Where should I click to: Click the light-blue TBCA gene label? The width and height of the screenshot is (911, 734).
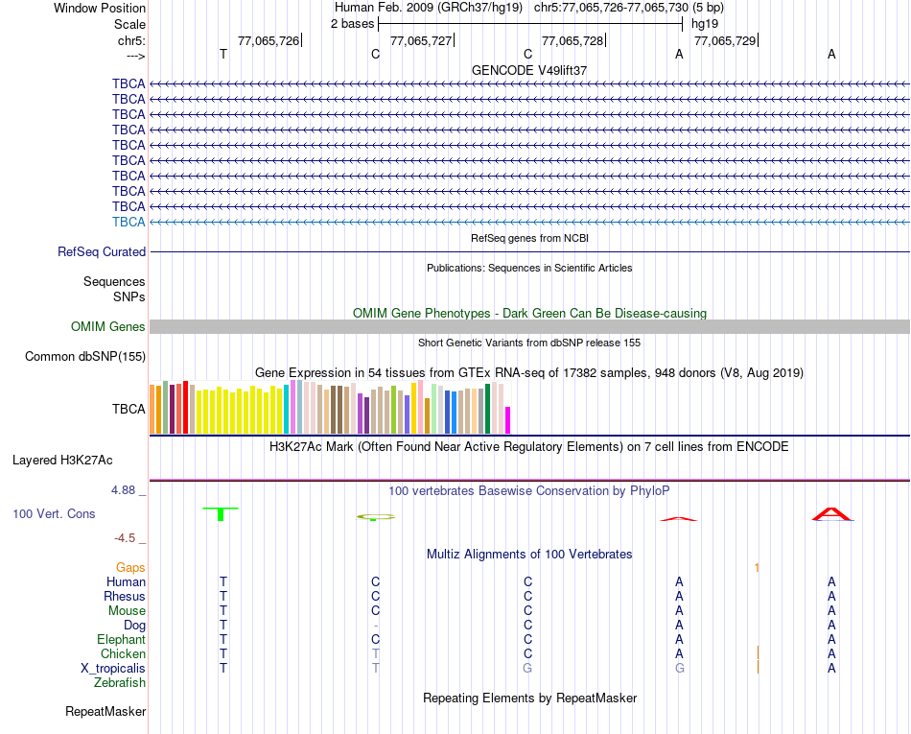click(x=128, y=222)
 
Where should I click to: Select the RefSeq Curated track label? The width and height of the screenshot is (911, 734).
click(x=102, y=251)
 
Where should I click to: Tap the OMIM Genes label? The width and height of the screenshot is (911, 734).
click(x=108, y=327)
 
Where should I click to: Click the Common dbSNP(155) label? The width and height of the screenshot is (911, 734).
click(x=84, y=357)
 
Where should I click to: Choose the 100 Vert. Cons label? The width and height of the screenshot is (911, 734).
click(x=54, y=513)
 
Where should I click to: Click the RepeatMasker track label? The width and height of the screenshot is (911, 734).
click(x=105, y=712)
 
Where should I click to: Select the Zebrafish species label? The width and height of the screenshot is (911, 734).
click(x=120, y=682)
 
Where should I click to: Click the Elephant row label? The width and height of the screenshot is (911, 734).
click(x=121, y=639)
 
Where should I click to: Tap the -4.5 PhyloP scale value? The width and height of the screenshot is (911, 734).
click(x=128, y=538)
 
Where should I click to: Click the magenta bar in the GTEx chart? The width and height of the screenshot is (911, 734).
click(x=508, y=420)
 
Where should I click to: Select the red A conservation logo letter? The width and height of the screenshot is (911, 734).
click(x=831, y=514)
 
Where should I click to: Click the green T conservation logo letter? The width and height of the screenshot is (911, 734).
click(x=221, y=513)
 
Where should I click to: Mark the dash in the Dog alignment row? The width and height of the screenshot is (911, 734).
click(x=376, y=626)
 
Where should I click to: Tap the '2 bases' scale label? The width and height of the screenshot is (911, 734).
click(x=352, y=23)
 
